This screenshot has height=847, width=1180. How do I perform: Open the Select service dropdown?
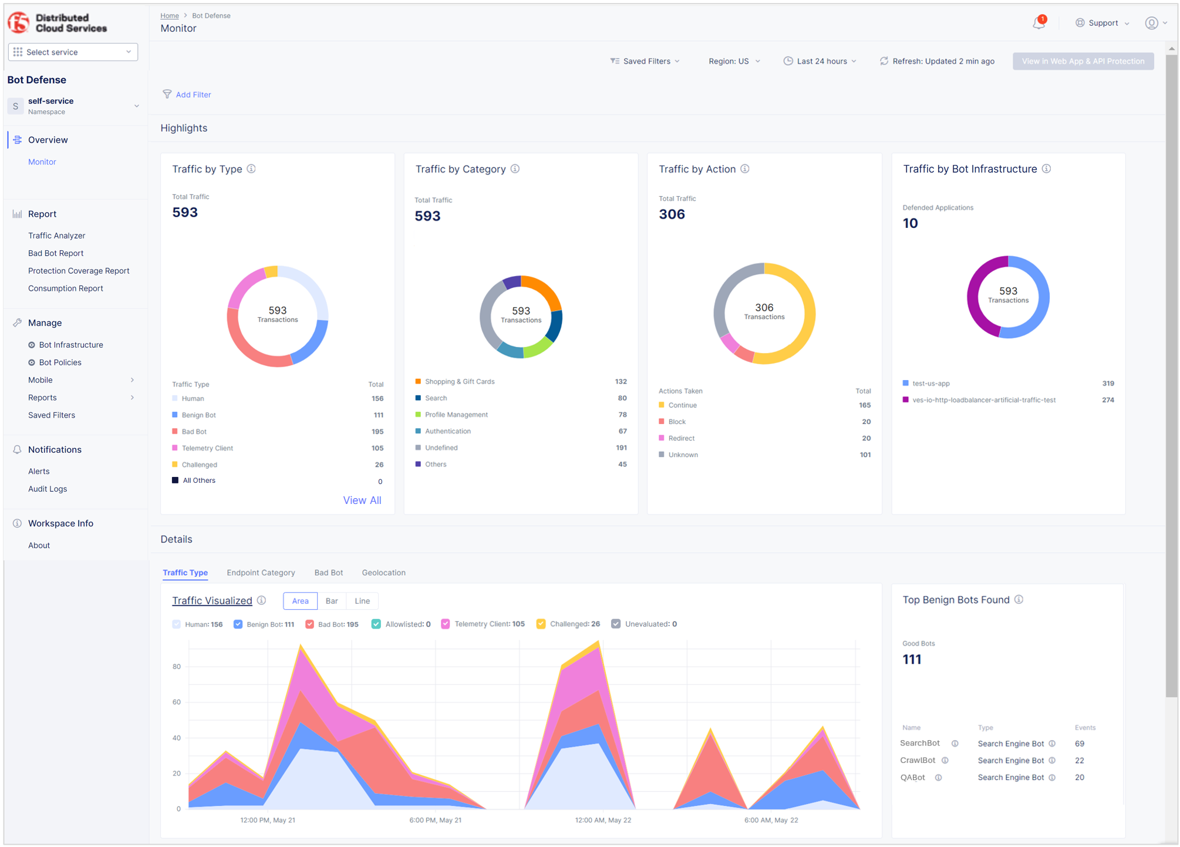coord(73,52)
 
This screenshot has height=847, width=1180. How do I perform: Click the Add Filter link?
coord(193,95)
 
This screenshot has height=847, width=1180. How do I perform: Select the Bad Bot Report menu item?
coord(56,253)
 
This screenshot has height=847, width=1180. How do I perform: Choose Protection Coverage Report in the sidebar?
coord(79,271)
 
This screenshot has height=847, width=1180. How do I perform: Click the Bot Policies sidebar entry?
coord(60,362)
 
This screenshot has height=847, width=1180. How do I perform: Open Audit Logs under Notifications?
coord(48,489)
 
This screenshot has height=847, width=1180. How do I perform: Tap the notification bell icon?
coord(1039,23)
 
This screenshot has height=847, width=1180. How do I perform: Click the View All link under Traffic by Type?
coord(362,500)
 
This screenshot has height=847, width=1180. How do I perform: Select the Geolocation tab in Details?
coord(383,573)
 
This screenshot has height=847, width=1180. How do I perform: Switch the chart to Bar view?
coord(332,601)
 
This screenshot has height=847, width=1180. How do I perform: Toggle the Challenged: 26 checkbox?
coord(541,624)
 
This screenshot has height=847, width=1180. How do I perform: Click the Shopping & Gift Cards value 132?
coord(621,381)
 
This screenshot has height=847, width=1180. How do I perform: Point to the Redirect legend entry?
coord(681,438)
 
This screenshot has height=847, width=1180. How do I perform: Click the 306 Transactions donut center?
coord(764,312)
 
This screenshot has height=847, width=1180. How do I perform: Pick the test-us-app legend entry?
coord(930,384)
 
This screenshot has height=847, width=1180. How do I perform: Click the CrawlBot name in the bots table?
coord(918,760)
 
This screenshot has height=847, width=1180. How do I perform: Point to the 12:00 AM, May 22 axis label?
coord(603,820)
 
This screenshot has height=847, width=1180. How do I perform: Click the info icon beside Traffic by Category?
coord(515,169)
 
